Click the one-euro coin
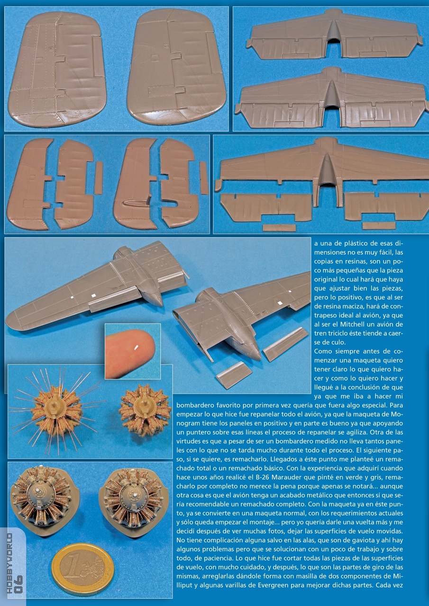[82, 569]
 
